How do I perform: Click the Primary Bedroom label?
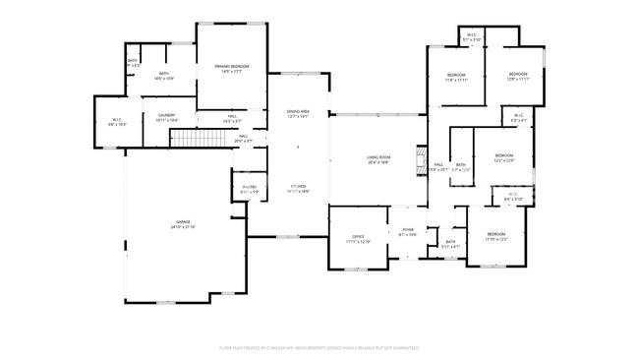[x=232, y=68]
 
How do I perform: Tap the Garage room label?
[x=183, y=224]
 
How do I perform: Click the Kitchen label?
[x=298, y=189]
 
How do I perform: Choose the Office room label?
[x=359, y=239]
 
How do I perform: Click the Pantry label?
[x=250, y=189]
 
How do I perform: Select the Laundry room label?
[x=166, y=118]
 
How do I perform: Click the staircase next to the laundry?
[x=193, y=140]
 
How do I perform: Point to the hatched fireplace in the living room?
[x=422, y=160]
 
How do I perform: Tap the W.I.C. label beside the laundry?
[x=116, y=123]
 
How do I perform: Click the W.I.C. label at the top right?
[x=472, y=37]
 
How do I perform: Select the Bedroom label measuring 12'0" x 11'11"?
[x=518, y=76]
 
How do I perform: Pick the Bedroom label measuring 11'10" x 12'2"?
[x=494, y=237]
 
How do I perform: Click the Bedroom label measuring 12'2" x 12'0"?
[x=504, y=157]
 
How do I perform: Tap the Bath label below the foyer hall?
[x=450, y=243]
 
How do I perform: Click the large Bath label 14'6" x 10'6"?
[x=163, y=76]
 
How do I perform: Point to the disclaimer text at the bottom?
[x=319, y=346]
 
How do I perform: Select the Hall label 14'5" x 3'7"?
[x=233, y=118]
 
